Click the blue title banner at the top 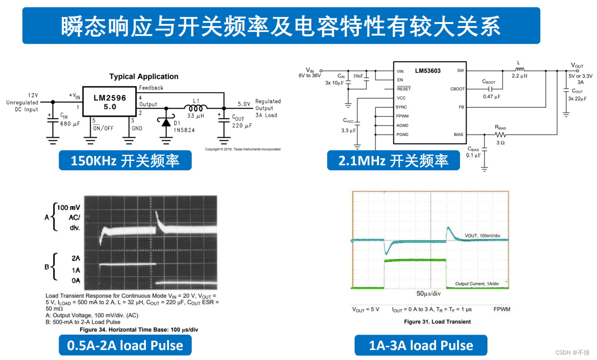(x=281, y=25)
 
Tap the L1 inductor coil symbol (x=196, y=108)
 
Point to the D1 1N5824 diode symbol (x=165, y=121)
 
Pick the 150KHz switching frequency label (x=125, y=160)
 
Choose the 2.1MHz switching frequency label (x=393, y=160)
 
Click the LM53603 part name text (x=428, y=71)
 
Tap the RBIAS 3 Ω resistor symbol (x=500, y=134)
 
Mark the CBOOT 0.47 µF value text (x=491, y=96)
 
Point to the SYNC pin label (x=401, y=107)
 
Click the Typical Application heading (x=144, y=77)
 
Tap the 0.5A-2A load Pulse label (x=125, y=345)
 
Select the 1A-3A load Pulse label (x=421, y=345)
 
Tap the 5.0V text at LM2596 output (x=244, y=104)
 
